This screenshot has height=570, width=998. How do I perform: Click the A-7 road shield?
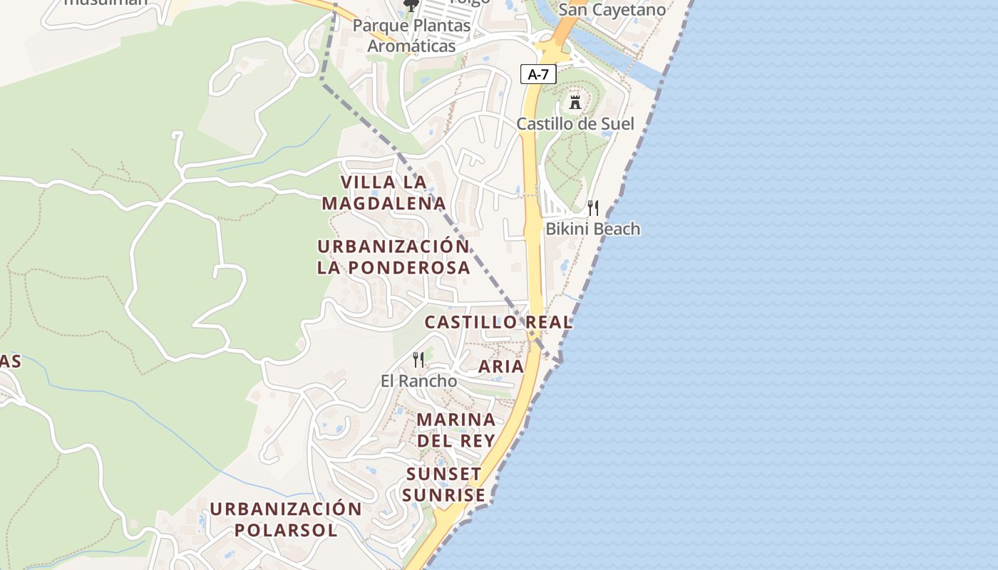coord(538,74)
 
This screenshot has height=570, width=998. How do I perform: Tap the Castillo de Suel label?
coord(575,123)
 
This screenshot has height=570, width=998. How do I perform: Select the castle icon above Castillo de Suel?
coord(575,103)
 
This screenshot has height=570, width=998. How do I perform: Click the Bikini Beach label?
coord(593,229)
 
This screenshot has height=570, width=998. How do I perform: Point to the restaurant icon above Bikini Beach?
coord(593,208)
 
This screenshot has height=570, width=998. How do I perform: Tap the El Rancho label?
coord(418,380)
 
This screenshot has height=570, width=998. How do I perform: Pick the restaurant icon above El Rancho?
coord(418,360)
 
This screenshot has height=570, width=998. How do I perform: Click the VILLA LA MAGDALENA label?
coord(384,192)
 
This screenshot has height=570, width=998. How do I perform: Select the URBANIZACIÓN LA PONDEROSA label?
coord(393,256)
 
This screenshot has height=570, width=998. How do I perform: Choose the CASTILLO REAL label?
coord(498,322)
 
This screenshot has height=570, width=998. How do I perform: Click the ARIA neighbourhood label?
coord(501,366)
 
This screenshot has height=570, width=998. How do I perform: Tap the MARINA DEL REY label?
coord(456,430)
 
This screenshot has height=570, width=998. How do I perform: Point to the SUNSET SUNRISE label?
coord(444,484)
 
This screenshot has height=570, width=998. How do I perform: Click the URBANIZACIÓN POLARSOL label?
coord(286,519)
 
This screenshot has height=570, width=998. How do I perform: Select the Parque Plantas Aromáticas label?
coord(411,36)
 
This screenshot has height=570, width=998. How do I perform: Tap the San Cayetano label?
coord(612,9)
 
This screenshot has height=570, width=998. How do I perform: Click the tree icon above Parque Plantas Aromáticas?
coord(411,6)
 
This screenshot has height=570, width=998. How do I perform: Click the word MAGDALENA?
coord(384,204)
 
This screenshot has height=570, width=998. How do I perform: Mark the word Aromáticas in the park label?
coord(411,46)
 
